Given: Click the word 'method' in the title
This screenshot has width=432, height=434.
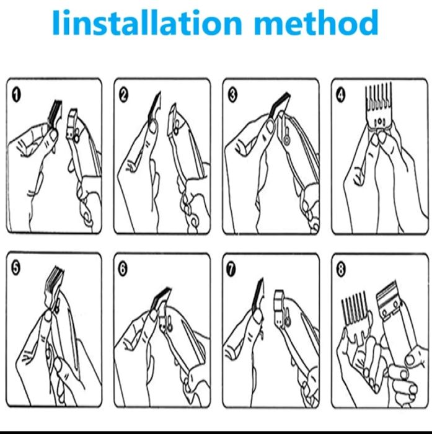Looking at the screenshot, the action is tap(315, 22).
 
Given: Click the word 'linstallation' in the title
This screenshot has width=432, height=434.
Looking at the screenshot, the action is tap(147, 22).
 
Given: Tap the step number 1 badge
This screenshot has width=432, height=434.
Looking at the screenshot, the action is tap(16, 95).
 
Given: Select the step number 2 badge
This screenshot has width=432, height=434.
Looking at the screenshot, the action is tap(124, 95).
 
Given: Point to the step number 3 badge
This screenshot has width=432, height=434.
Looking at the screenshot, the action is tap(232, 95).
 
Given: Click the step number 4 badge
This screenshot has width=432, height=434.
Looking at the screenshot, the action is tap(341, 95).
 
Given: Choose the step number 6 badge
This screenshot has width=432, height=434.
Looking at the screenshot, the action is tap(123, 269).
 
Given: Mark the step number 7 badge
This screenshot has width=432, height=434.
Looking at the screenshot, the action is tap(231, 269).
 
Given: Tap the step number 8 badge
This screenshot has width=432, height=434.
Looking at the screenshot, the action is tap(341, 269).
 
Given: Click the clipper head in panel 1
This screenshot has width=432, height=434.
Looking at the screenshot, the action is tap(73, 125).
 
